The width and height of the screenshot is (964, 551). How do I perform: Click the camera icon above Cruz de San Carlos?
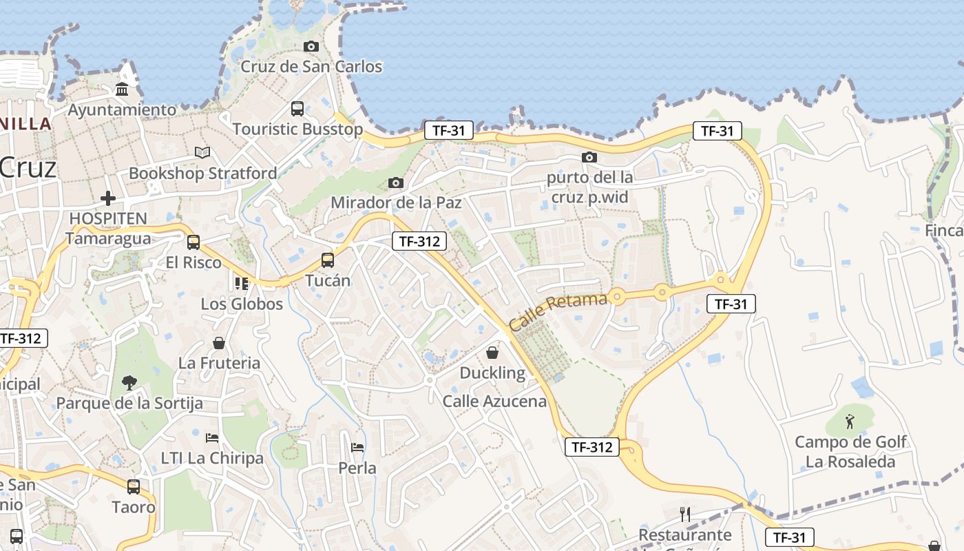click(x=311, y=47)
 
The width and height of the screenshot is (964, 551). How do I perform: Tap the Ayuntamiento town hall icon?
click(x=123, y=90)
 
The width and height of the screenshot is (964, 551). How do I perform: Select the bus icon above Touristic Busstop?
click(x=297, y=109)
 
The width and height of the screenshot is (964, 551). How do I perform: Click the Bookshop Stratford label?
click(x=203, y=173)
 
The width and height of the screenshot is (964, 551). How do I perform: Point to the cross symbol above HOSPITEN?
click(x=108, y=198)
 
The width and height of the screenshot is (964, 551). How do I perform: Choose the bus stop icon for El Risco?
click(x=193, y=242)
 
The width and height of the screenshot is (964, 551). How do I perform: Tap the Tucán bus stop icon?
click(x=328, y=260)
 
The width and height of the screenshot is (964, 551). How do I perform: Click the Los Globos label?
click(x=242, y=304)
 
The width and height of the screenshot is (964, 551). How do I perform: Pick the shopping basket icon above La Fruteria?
click(x=219, y=343)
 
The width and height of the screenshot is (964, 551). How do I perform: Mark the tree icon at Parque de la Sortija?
click(x=129, y=382)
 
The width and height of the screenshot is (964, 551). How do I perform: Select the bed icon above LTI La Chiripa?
click(x=212, y=438)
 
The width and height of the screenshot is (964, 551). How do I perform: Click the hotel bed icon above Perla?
click(x=357, y=448)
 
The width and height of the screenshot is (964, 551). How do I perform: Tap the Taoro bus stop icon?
click(x=134, y=487)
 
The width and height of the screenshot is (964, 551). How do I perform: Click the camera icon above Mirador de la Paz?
click(x=396, y=183)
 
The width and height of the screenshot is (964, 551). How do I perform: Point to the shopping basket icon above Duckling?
click(x=492, y=353)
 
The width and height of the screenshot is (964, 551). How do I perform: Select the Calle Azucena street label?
click(x=494, y=401)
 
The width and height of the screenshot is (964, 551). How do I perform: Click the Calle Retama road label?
click(x=558, y=311)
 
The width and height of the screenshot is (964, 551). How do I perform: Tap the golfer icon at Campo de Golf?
click(x=850, y=421)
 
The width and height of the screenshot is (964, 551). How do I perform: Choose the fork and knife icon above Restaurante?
click(x=684, y=514)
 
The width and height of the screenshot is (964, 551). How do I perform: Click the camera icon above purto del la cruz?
click(x=589, y=158)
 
